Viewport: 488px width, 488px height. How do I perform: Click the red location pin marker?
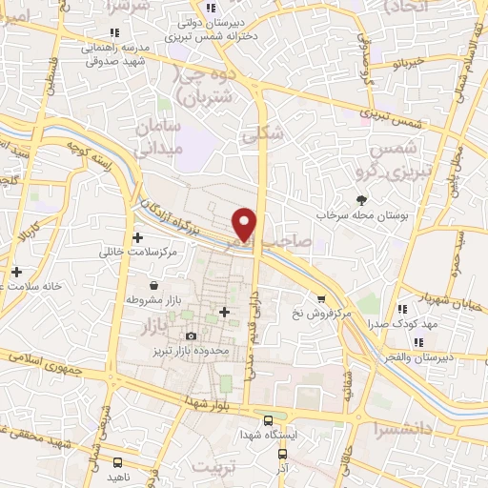pyautogui.click(x=246, y=222)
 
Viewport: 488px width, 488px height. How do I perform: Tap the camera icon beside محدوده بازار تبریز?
pyautogui.click(x=192, y=335)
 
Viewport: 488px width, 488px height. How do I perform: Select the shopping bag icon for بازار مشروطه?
pyautogui.click(x=154, y=285)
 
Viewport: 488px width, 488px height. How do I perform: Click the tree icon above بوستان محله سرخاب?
pyautogui.click(x=361, y=199)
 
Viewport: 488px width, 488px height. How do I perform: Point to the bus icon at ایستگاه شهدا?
pyautogui.click(x=269, y=419)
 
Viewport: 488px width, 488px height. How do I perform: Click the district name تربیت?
pyautogui.click(x=212, y=467)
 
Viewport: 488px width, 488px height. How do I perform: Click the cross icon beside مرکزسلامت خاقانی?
pyautogui.click(x=138, y=237)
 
